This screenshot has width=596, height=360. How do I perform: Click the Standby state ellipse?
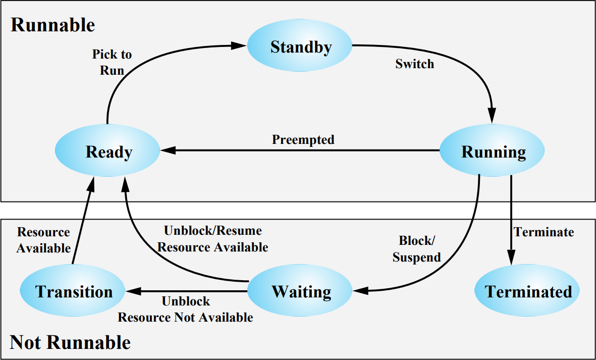coord(300,45)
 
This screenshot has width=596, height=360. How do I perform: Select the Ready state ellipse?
coord(107,150)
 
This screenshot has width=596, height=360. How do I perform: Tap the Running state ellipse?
coord(492,150)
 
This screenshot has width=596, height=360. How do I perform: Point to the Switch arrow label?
coord(415,64)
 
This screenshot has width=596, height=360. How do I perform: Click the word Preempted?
coord(303,139)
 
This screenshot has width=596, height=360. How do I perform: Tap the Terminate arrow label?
coord(544,232)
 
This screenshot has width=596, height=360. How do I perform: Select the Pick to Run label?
coord(112,62)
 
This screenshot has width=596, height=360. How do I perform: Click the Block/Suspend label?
coord(416,249)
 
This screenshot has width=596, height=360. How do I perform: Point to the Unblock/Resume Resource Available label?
coord(213,239)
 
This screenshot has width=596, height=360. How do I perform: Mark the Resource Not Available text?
coord(186,317)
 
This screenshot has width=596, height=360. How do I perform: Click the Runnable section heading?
coord(53,25)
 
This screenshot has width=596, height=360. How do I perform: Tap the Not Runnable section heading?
coord(70,342)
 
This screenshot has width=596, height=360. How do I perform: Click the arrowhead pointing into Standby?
coord(239,45)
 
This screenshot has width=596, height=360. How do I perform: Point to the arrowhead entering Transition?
coord(134,291)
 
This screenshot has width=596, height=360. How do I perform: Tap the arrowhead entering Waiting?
coord(361,291)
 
